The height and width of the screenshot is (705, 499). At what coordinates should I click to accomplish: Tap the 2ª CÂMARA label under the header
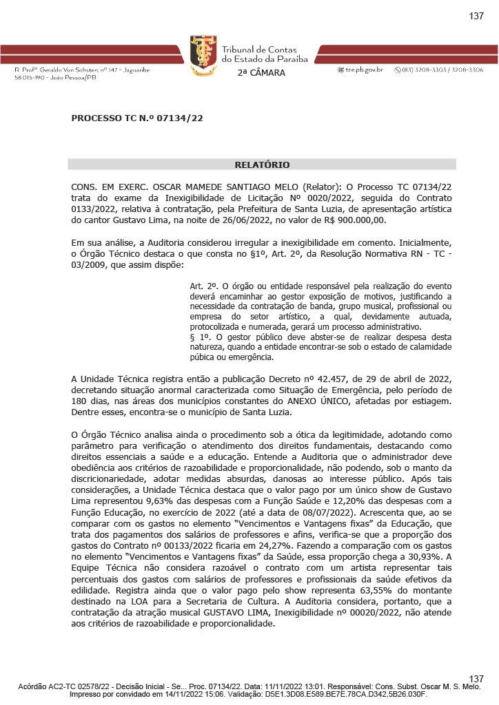coord(261,73)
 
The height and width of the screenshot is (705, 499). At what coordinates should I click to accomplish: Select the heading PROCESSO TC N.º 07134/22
coord(137,118)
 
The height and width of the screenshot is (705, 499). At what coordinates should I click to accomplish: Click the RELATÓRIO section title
coord(262,165)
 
